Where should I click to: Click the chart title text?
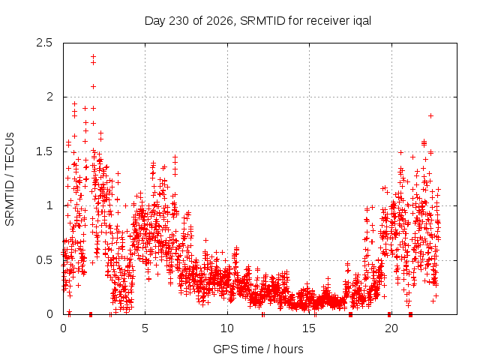click(x=258, y=21)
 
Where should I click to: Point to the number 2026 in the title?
click(x=219, y=21)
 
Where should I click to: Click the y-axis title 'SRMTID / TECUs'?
click(x=10, y=179)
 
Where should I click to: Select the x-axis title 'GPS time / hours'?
click(x=258, y=349)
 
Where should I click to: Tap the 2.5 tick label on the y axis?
click(x=44, y=43)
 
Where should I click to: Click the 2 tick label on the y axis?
click(x=49, y=97)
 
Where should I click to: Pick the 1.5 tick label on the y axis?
click(x=44, y=151)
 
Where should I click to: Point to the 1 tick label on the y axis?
click(x=50, y=205)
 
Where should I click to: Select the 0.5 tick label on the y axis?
click(x=44, y=260)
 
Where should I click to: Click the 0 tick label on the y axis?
click(x=49, y=314)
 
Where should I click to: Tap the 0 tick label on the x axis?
click(x=63, y=328)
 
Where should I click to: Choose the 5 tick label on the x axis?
click(x=145, y=328)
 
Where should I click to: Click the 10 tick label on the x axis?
click(x=226, y=328)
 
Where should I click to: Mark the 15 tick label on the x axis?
click(x=309, y=328)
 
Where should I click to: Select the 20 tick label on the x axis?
click(x=391, y=328)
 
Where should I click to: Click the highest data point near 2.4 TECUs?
click(x=93, y=57)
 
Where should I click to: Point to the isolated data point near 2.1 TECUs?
click(x=93, y=87)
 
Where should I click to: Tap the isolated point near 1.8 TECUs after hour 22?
click(x=430, y=115)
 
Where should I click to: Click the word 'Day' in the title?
click(x=155, y=22)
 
